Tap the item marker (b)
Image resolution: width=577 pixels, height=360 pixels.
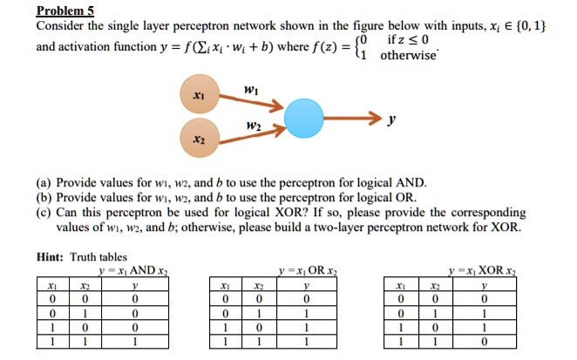point(44,198)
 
